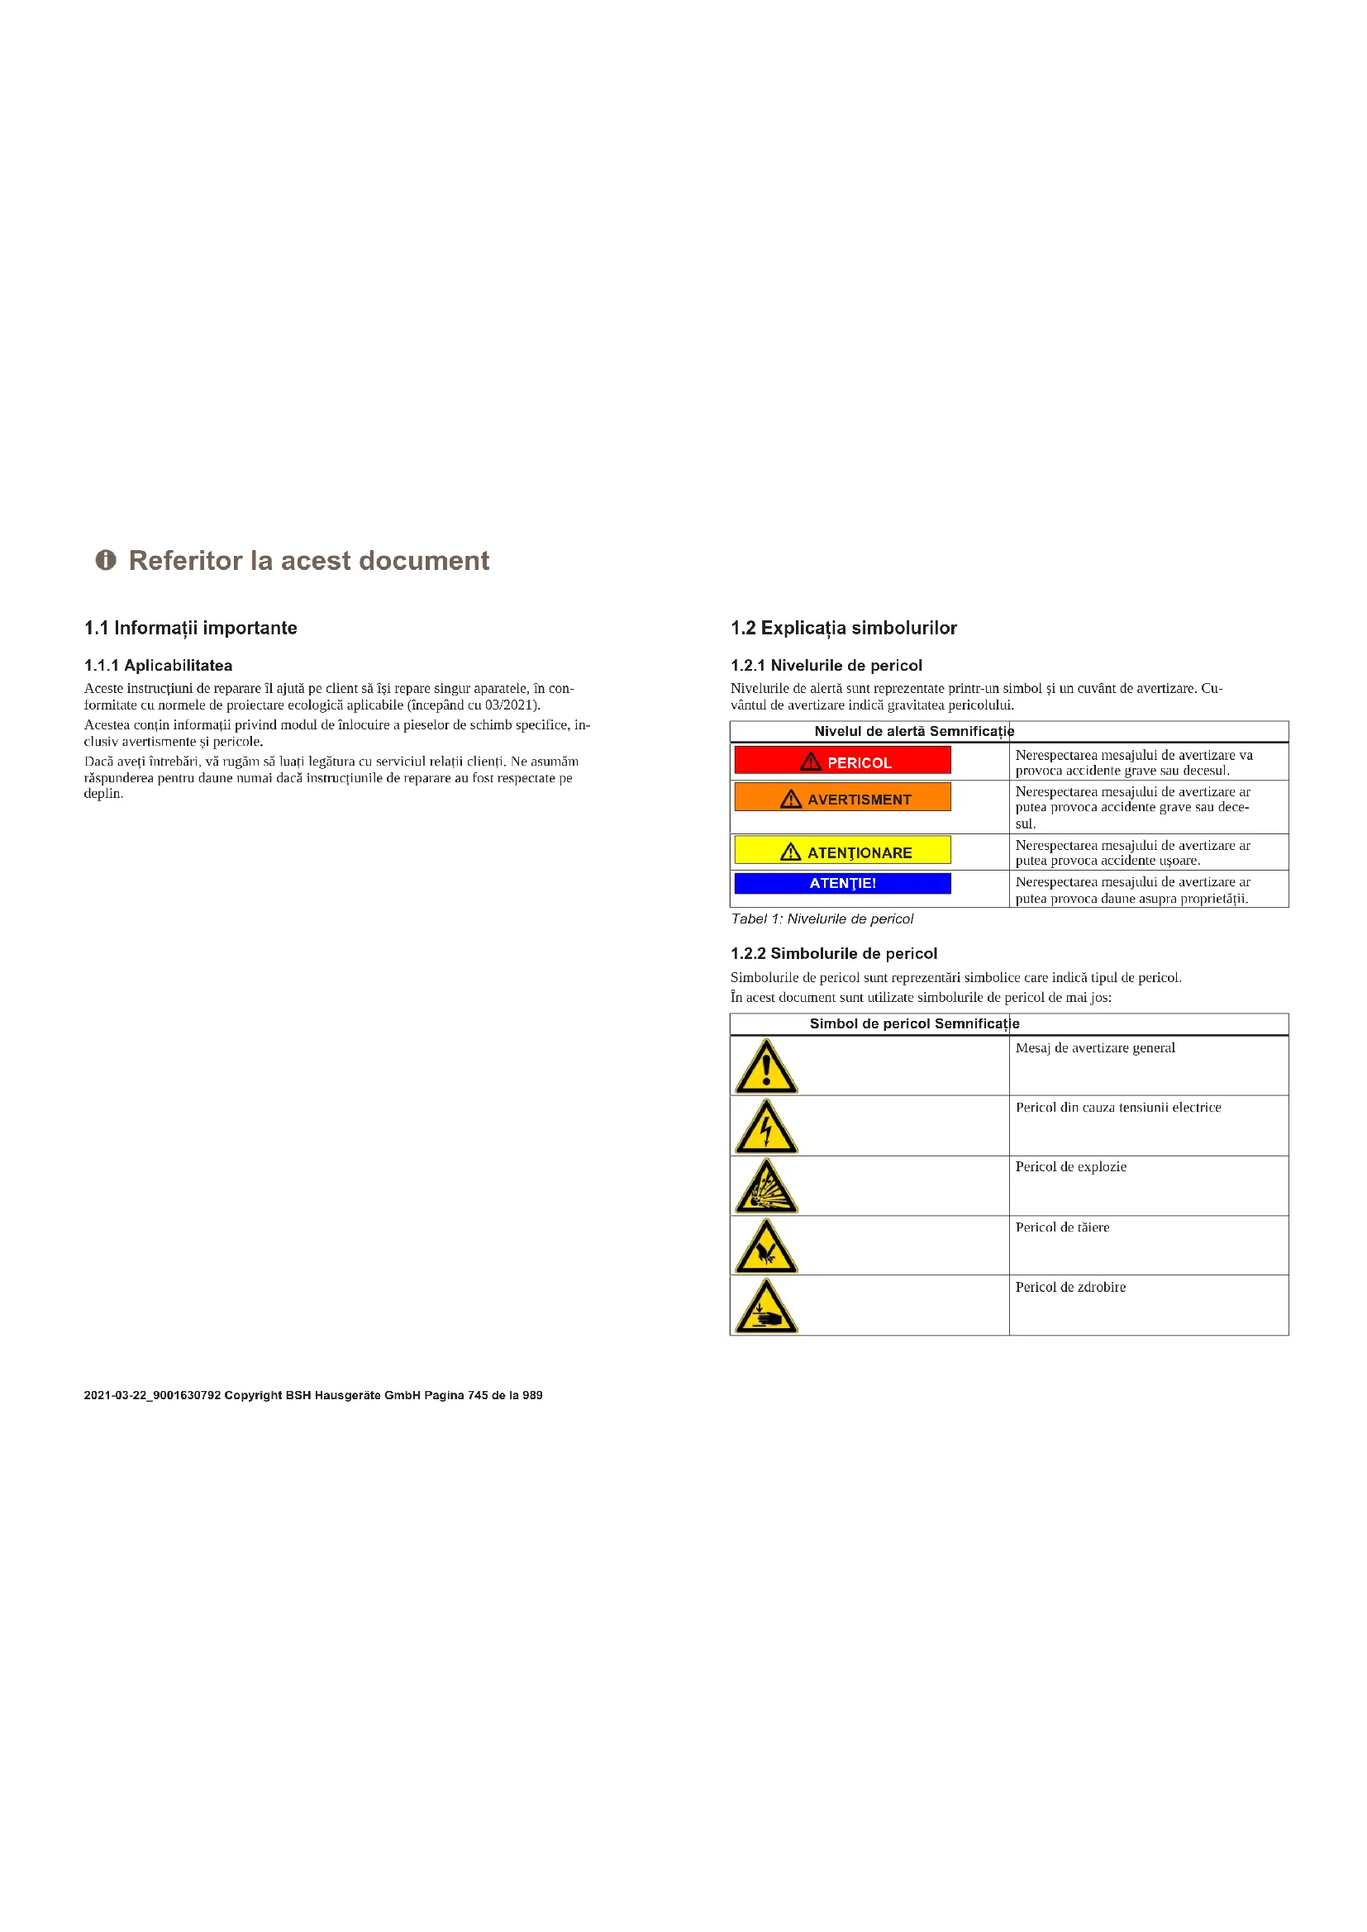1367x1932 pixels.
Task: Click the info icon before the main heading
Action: [105, 560]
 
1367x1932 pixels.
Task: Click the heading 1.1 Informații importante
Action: [190, 628]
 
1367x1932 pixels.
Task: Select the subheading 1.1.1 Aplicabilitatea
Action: [158, 666]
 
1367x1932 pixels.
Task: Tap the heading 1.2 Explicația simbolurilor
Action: [844, 628]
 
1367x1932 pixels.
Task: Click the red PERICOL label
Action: [842, 761]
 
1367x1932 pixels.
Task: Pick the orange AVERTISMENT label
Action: [842, 798]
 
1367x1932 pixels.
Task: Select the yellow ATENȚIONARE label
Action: [842, 851]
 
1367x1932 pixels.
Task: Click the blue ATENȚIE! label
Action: [842, 884]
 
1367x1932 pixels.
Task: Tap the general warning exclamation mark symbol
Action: [766, 1067]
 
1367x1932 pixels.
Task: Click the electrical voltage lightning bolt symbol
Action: [766, 1127]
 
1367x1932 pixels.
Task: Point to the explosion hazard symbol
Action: [766, 1186]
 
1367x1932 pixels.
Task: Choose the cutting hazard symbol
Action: [766, 1247]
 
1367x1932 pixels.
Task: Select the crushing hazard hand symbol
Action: [766, 1307]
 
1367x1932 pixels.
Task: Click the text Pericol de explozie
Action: [1070, 1167]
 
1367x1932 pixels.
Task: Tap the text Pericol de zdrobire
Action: [1070, 1288]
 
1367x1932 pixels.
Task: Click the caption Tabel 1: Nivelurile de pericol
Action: [822, 919]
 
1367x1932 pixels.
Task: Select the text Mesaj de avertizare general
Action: [1095, 1047]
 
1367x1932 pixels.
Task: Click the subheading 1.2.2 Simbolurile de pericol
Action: [833, 953]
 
